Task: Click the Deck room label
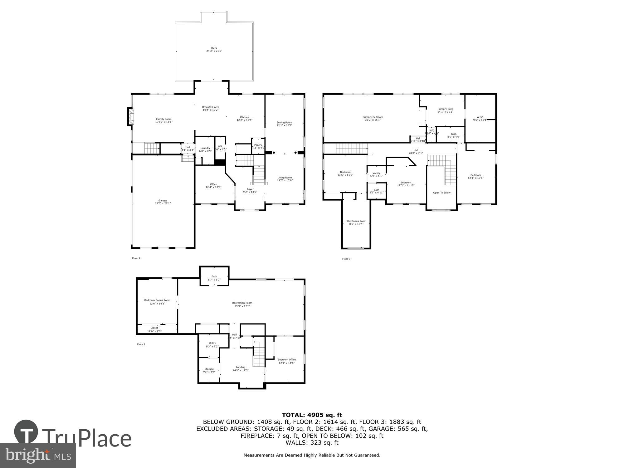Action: tap(214, 48)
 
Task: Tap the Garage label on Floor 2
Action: tap(163, 201)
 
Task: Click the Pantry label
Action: tap(258, 145)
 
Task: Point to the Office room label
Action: tap(213, 184)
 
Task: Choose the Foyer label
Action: tap(250, 189)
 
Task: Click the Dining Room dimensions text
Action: tap(285, 125)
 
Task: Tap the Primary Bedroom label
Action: tap(373, 117)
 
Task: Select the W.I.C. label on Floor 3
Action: tap(480, 117)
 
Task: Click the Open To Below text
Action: tap(442, 193)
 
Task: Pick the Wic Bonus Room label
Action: tap(356, 221)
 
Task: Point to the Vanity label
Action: tap(377, 173)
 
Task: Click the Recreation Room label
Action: tap(242, 303)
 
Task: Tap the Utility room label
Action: tap(212, 343)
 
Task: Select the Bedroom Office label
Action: tap(286, 360)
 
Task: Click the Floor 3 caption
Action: tap(346, 259)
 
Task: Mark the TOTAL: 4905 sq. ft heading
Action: tap(312, 415)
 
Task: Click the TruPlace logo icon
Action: tap(26, 432)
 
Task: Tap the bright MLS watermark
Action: tap(38, 455)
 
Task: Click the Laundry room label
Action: tap(205, 148)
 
